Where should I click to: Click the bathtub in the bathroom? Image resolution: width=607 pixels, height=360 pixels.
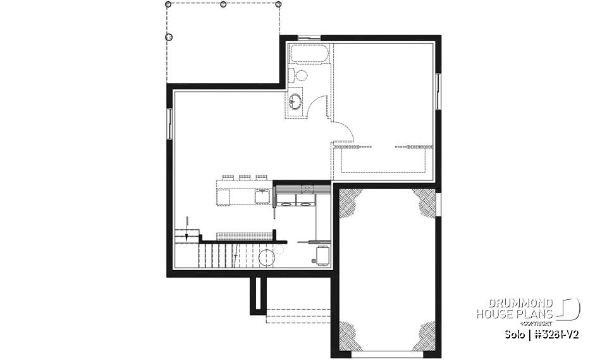click(309, 53)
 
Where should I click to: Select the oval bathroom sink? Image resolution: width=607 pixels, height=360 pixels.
click(295, 101)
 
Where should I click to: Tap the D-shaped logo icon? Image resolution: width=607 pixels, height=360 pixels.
click(571, 309)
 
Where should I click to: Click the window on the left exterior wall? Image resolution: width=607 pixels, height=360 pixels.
click(169, 124)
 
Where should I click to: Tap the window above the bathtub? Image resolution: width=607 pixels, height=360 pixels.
click(309, 39)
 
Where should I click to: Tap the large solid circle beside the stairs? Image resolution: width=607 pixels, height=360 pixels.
click(266, 257)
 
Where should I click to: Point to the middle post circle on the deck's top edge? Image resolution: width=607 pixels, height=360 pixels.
click(223, 4)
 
